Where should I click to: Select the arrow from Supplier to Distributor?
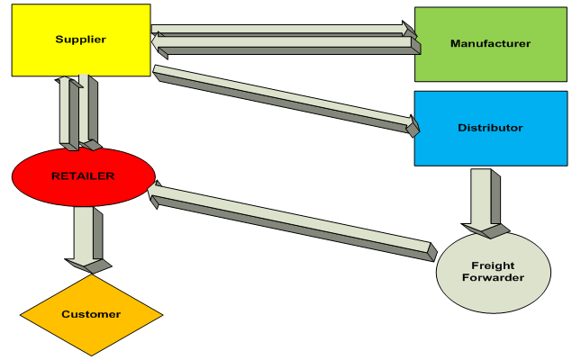click(x=279, y=95)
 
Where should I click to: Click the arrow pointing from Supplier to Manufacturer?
click(x=279, y=31)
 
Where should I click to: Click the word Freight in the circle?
click(x=493, y=265)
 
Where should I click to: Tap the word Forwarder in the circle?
click(x=493, y=277)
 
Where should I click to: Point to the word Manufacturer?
click(x=490, y=43)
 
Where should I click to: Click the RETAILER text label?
click(x=82, y=176)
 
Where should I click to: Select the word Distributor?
click(x=490, y=128)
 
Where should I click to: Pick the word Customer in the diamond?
click(x=91, y=314)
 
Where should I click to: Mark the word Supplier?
click(x=80, y=40)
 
